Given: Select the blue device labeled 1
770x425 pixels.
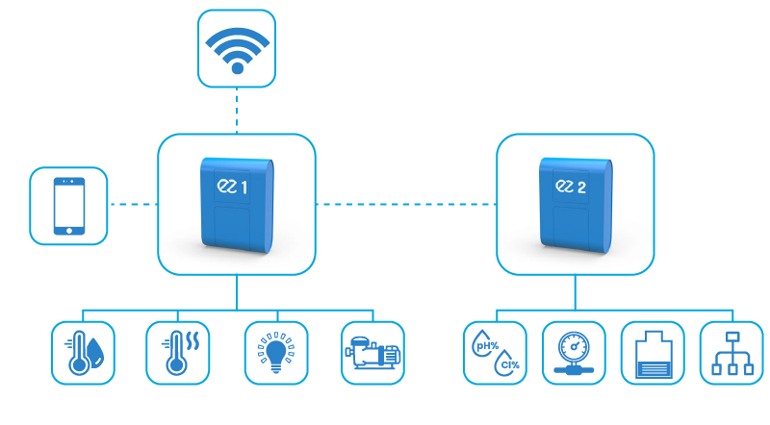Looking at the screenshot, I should [x=236, y=205].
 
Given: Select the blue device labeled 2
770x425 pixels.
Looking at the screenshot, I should [x=575, y=205].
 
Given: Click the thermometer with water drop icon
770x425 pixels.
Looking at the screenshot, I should [x=82, y=353].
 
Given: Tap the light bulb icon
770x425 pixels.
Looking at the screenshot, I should [x=274, y=353].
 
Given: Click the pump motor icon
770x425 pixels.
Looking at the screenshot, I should [x=372, y=353].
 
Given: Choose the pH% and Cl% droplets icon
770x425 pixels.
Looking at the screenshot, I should [x=496, y=353].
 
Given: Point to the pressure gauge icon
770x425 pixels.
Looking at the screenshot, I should [x=574, y=353].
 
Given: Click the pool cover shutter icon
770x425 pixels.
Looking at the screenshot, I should [x=653, y=353].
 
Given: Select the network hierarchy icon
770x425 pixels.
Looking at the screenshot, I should [x=731, y=353].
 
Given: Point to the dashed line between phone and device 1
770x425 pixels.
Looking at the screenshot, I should [x=133, y=204].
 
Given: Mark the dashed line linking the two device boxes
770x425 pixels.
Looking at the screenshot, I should [x=405, y=204].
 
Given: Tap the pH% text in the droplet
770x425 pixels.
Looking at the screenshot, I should [x=485, y=340].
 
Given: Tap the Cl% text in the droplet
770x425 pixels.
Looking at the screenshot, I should [x=507, y=364].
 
